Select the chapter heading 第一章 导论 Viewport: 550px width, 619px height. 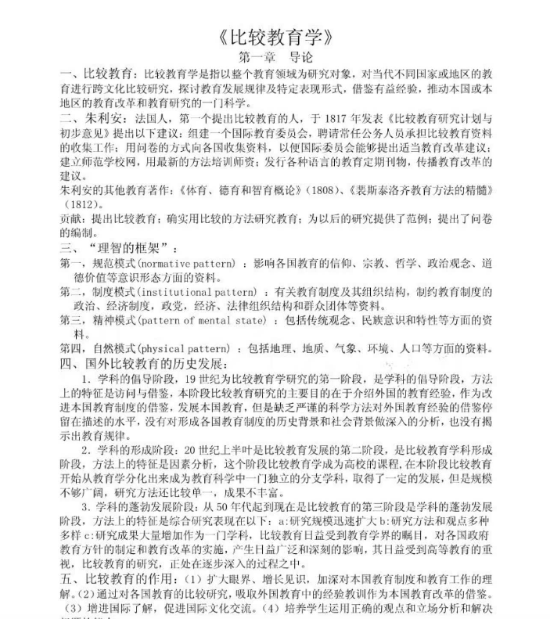click(275, 57)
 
